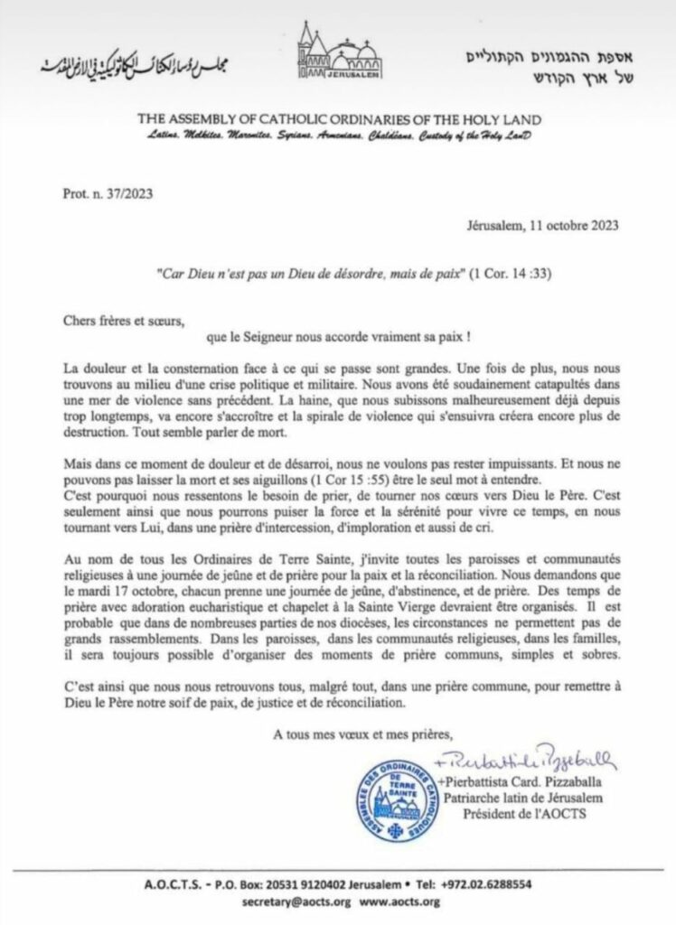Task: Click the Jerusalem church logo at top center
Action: tap(336, 55)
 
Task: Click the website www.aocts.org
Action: tap(400, 902)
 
